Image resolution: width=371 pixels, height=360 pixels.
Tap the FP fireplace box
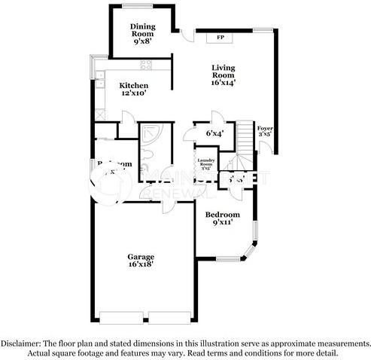pos(221,37)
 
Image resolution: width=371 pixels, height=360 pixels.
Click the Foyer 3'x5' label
pos(265,132)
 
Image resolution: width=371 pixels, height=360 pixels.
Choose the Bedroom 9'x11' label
pos(223,218)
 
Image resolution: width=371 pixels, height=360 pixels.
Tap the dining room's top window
pos(141,6)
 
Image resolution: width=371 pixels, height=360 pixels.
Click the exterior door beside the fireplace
pos(184,32)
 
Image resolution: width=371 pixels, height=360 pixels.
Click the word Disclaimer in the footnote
pos(29,342)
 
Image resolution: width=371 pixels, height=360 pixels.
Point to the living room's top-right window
pos(264,29)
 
